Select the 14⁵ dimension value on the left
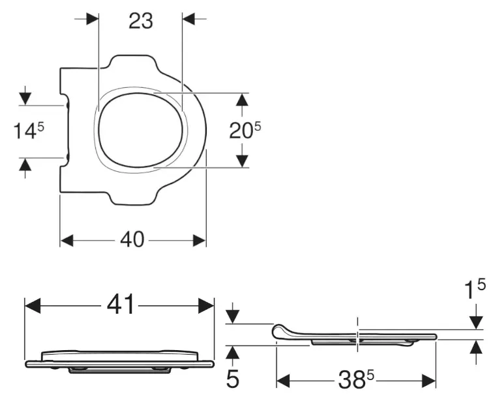pos(30,131)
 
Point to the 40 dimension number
pos(132,240)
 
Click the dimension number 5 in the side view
pos(232,379)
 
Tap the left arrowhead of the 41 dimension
pos(33,305)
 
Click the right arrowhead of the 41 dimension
pos(207,305)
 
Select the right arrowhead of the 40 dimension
pos(199,240)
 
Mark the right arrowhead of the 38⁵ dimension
pos(428,379)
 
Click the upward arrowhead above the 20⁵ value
pos(242,100)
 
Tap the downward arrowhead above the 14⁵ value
pos(25,98)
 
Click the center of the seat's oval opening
pos(138,128)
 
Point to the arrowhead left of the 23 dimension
pos(91,19)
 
